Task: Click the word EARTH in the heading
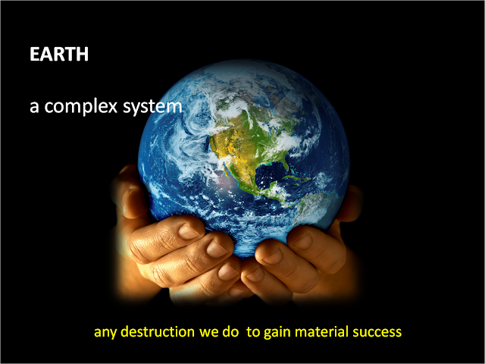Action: (x=59, y=54)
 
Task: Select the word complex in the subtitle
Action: (x=81, y=106)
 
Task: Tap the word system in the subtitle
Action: (x=152, y=107)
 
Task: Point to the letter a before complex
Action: (x=34, y=107)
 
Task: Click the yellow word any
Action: (x=105, y=332)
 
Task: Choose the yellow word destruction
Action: (x=158, y=331)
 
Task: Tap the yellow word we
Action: (x=209, y=332)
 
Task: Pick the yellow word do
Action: (x=230, y=331)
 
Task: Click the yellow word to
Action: (x=254, y=331)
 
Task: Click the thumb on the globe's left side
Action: (x=130, y=192)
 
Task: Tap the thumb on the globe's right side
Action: (x=350, y=203)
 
